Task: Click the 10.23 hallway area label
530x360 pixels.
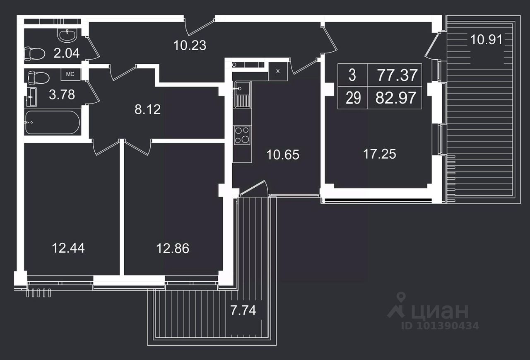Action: (x=190, y=45)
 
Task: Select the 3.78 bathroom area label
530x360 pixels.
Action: (x=62, y=94)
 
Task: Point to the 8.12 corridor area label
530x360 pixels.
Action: (x=148, y=110)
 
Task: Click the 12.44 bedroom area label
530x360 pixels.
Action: (x=68, y=248)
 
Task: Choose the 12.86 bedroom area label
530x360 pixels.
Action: (x=173, y=249)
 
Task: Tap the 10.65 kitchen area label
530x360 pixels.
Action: (x=283, y=155)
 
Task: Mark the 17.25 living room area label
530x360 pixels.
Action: (x=380, y=154)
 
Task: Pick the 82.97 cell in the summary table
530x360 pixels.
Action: (x=396, y=98)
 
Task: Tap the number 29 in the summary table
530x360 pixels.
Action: (x=353, y=99)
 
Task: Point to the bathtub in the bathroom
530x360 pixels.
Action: (x=53, y=122)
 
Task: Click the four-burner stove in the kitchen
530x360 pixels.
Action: (x=242, y=135)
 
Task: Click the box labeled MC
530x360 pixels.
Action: (x=70, y=74)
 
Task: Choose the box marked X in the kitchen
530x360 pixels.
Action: (x=278, y=71)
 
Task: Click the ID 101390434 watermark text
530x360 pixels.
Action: (x=440, y=326)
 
